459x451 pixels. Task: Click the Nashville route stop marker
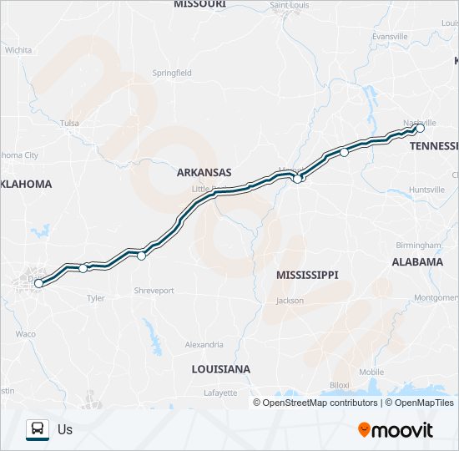click(420, 129)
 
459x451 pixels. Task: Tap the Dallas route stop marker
click(38, 284)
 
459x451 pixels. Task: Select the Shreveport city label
click(154, 291)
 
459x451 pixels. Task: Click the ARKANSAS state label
click(204, 173)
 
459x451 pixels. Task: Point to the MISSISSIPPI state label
click(307, 274)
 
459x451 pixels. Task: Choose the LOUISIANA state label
click(220, 368)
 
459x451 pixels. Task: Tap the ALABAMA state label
click(417, 261)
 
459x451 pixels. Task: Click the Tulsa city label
click(69, 124)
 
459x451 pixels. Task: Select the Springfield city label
click(172, 73)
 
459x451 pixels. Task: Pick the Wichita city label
click(18, 50)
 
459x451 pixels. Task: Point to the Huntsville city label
click(426, 190)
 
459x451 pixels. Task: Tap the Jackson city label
click(290, 301)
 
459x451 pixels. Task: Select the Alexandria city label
click(204, 344)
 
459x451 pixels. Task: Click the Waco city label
click(25, 334)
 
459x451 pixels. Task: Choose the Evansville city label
click(390, 37)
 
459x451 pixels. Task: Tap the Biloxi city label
click(339, 384)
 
